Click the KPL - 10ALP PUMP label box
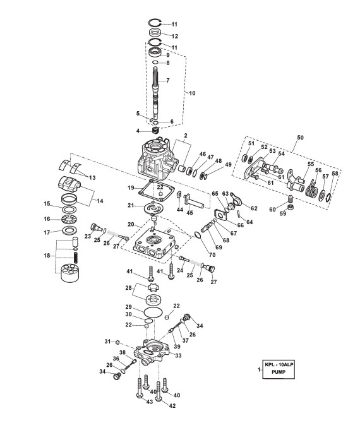(279, 369)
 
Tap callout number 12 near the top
(174, 36)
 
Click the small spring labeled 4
(156, 130)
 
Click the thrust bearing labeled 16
(68, 219)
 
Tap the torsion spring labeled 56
(312, 189)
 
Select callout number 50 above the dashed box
(301, 138)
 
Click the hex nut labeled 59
(290, 207)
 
